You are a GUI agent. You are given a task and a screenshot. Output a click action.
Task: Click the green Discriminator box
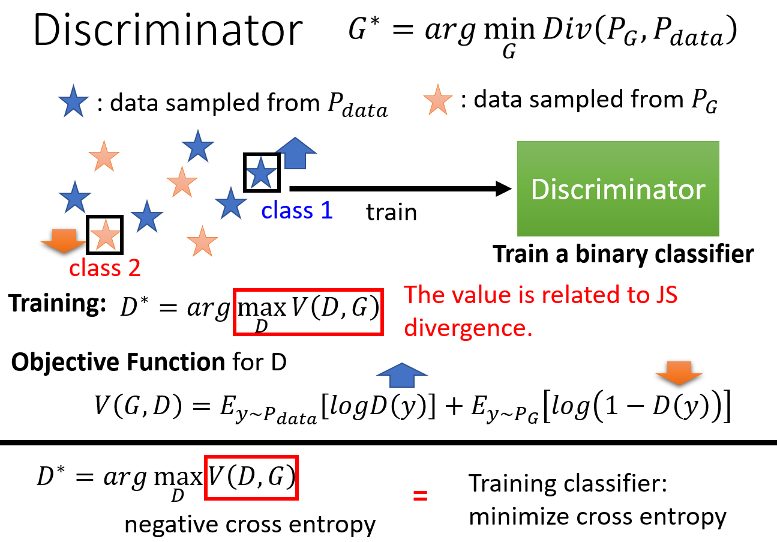(x=618, y=188)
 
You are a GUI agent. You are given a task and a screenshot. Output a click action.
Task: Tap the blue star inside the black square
(x=261, y=172)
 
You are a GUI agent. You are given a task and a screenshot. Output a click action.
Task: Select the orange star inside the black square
(x=105, y=235)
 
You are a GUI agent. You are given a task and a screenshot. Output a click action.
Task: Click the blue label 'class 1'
(x=297, y=210)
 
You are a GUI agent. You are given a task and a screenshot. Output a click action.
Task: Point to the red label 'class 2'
(x=105, y=268)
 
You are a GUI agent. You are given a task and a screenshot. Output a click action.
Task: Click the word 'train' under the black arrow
(x=391, y=212)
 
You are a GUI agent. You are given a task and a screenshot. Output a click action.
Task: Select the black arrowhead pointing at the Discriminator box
(x=503, y=188)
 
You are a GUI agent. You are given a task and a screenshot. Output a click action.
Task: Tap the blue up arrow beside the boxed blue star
(x=296, y=153)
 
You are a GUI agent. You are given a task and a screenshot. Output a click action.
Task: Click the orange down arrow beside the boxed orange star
(x=64, y=241)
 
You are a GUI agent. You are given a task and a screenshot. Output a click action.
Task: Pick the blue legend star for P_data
(x=73, y=101)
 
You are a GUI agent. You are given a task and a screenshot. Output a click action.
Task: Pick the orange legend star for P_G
(x=438, y=100)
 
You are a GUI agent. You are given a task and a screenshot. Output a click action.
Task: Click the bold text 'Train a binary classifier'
(x=623, y=254)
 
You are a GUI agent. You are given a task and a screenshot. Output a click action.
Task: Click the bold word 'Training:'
(x=57, y=304)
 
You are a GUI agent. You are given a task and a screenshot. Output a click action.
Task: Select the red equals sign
(x=420, y=496)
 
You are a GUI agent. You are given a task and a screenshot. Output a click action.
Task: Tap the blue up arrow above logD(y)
(x=401, y=375)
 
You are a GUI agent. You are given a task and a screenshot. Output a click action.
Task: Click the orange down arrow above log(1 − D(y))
(x=679, y=373)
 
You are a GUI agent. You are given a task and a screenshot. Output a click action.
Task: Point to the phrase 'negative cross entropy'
(x=250, y=524)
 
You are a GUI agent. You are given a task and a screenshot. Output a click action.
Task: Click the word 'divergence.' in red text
(x=468, y=328)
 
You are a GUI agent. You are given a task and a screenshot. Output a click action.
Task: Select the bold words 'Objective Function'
(x=118, y=362)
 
